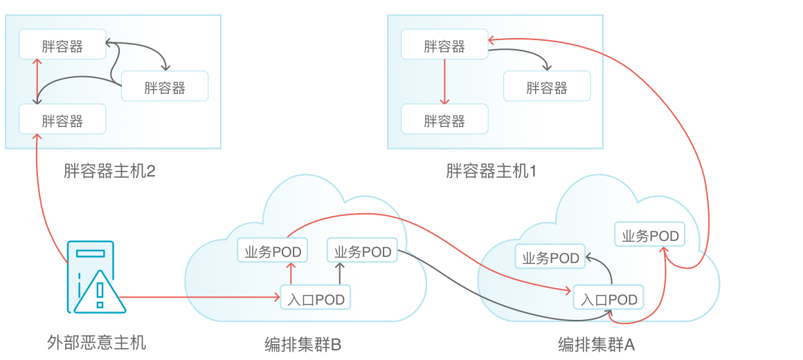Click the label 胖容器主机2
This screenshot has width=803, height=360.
coord(109,170)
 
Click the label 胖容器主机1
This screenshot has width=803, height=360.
coord(491,170)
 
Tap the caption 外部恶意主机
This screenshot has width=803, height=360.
coord(97,342)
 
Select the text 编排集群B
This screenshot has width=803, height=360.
coord(303,344)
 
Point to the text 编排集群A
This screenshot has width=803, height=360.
coord(596,344)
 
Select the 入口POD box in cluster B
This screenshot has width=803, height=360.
coord(315,299)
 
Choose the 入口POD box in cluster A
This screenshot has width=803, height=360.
coord(608,299)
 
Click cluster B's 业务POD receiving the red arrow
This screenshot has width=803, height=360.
coord(273,251)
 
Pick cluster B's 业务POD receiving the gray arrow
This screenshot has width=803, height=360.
coord(363,251)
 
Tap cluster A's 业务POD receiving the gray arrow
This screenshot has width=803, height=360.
coord(550,258)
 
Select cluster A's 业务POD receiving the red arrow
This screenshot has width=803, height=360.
coord(650,235)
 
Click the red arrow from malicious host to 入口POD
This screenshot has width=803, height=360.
coord(201,298)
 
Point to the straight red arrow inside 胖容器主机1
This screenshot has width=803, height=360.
coord(444,82)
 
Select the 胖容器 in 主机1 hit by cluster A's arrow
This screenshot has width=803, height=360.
coord(444,46)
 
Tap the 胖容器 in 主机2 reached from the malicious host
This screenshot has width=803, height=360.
coord(62,121)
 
